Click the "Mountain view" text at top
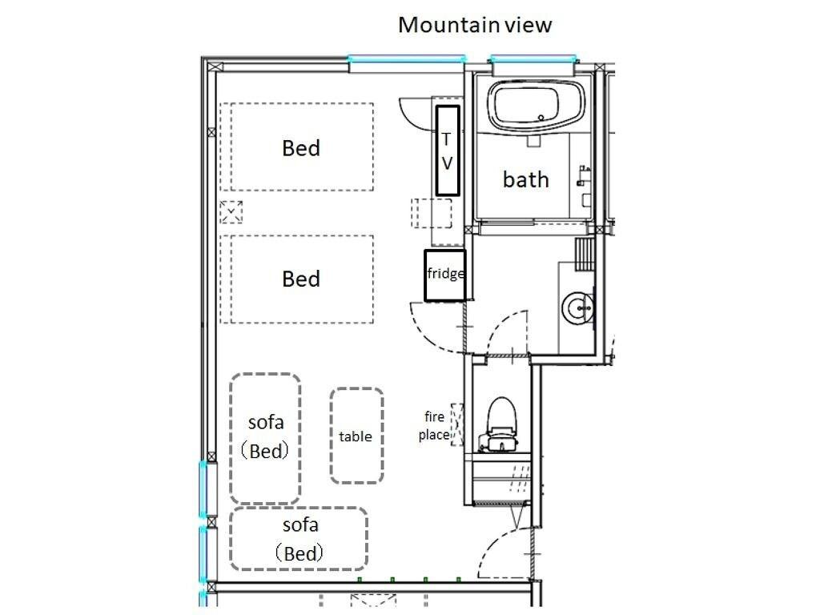(x=475, y=25)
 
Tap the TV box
(x=448, y=151)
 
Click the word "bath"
(x=526, y=179)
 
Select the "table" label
(x=356, y=436)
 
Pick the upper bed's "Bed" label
(x=301, y=148)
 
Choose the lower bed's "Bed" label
(x=301, y=279)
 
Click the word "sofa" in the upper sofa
(x=265, y=421)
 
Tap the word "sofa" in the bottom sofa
(x=300, y=525)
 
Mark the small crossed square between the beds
(x=231, y=212)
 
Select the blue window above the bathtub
(x=533, y=58)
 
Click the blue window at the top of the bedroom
(x=407, y=58)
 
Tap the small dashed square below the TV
(x=432, y=213)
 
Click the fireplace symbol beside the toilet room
(x=458, y=424)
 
